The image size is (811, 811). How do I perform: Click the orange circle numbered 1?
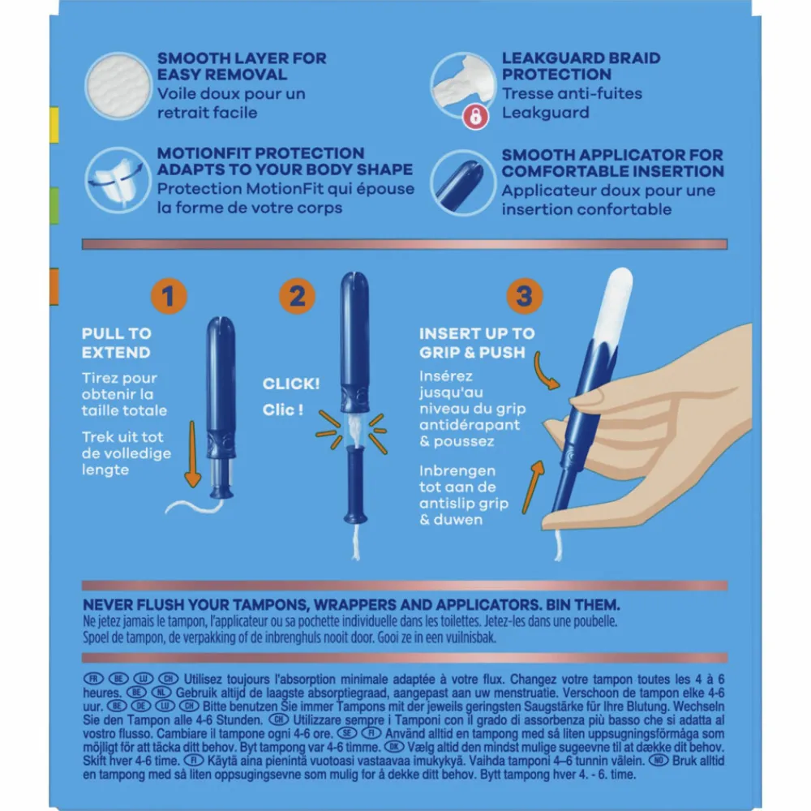tap(169, 296)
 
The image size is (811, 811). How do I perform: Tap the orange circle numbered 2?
tap(297, 296)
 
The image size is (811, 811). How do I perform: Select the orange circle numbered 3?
tap(525, 296)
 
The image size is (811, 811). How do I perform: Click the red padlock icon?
tap(475, 116)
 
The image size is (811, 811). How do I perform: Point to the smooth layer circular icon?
tap(118, 86)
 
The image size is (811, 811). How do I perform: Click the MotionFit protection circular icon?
tap(118, 181)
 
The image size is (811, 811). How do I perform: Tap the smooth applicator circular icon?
tap(463, 182)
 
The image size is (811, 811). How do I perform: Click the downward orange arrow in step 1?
tap(192, 454)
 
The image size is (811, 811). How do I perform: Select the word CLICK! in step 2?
tap(291, 384)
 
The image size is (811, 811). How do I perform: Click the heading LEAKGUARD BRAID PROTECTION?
tap(581, 67)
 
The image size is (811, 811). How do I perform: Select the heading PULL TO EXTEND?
tap(116, 343)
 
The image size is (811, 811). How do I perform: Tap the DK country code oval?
tap(393, 747)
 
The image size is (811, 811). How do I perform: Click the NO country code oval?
tap(659, 761)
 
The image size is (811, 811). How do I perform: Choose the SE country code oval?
tap(347, 733)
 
